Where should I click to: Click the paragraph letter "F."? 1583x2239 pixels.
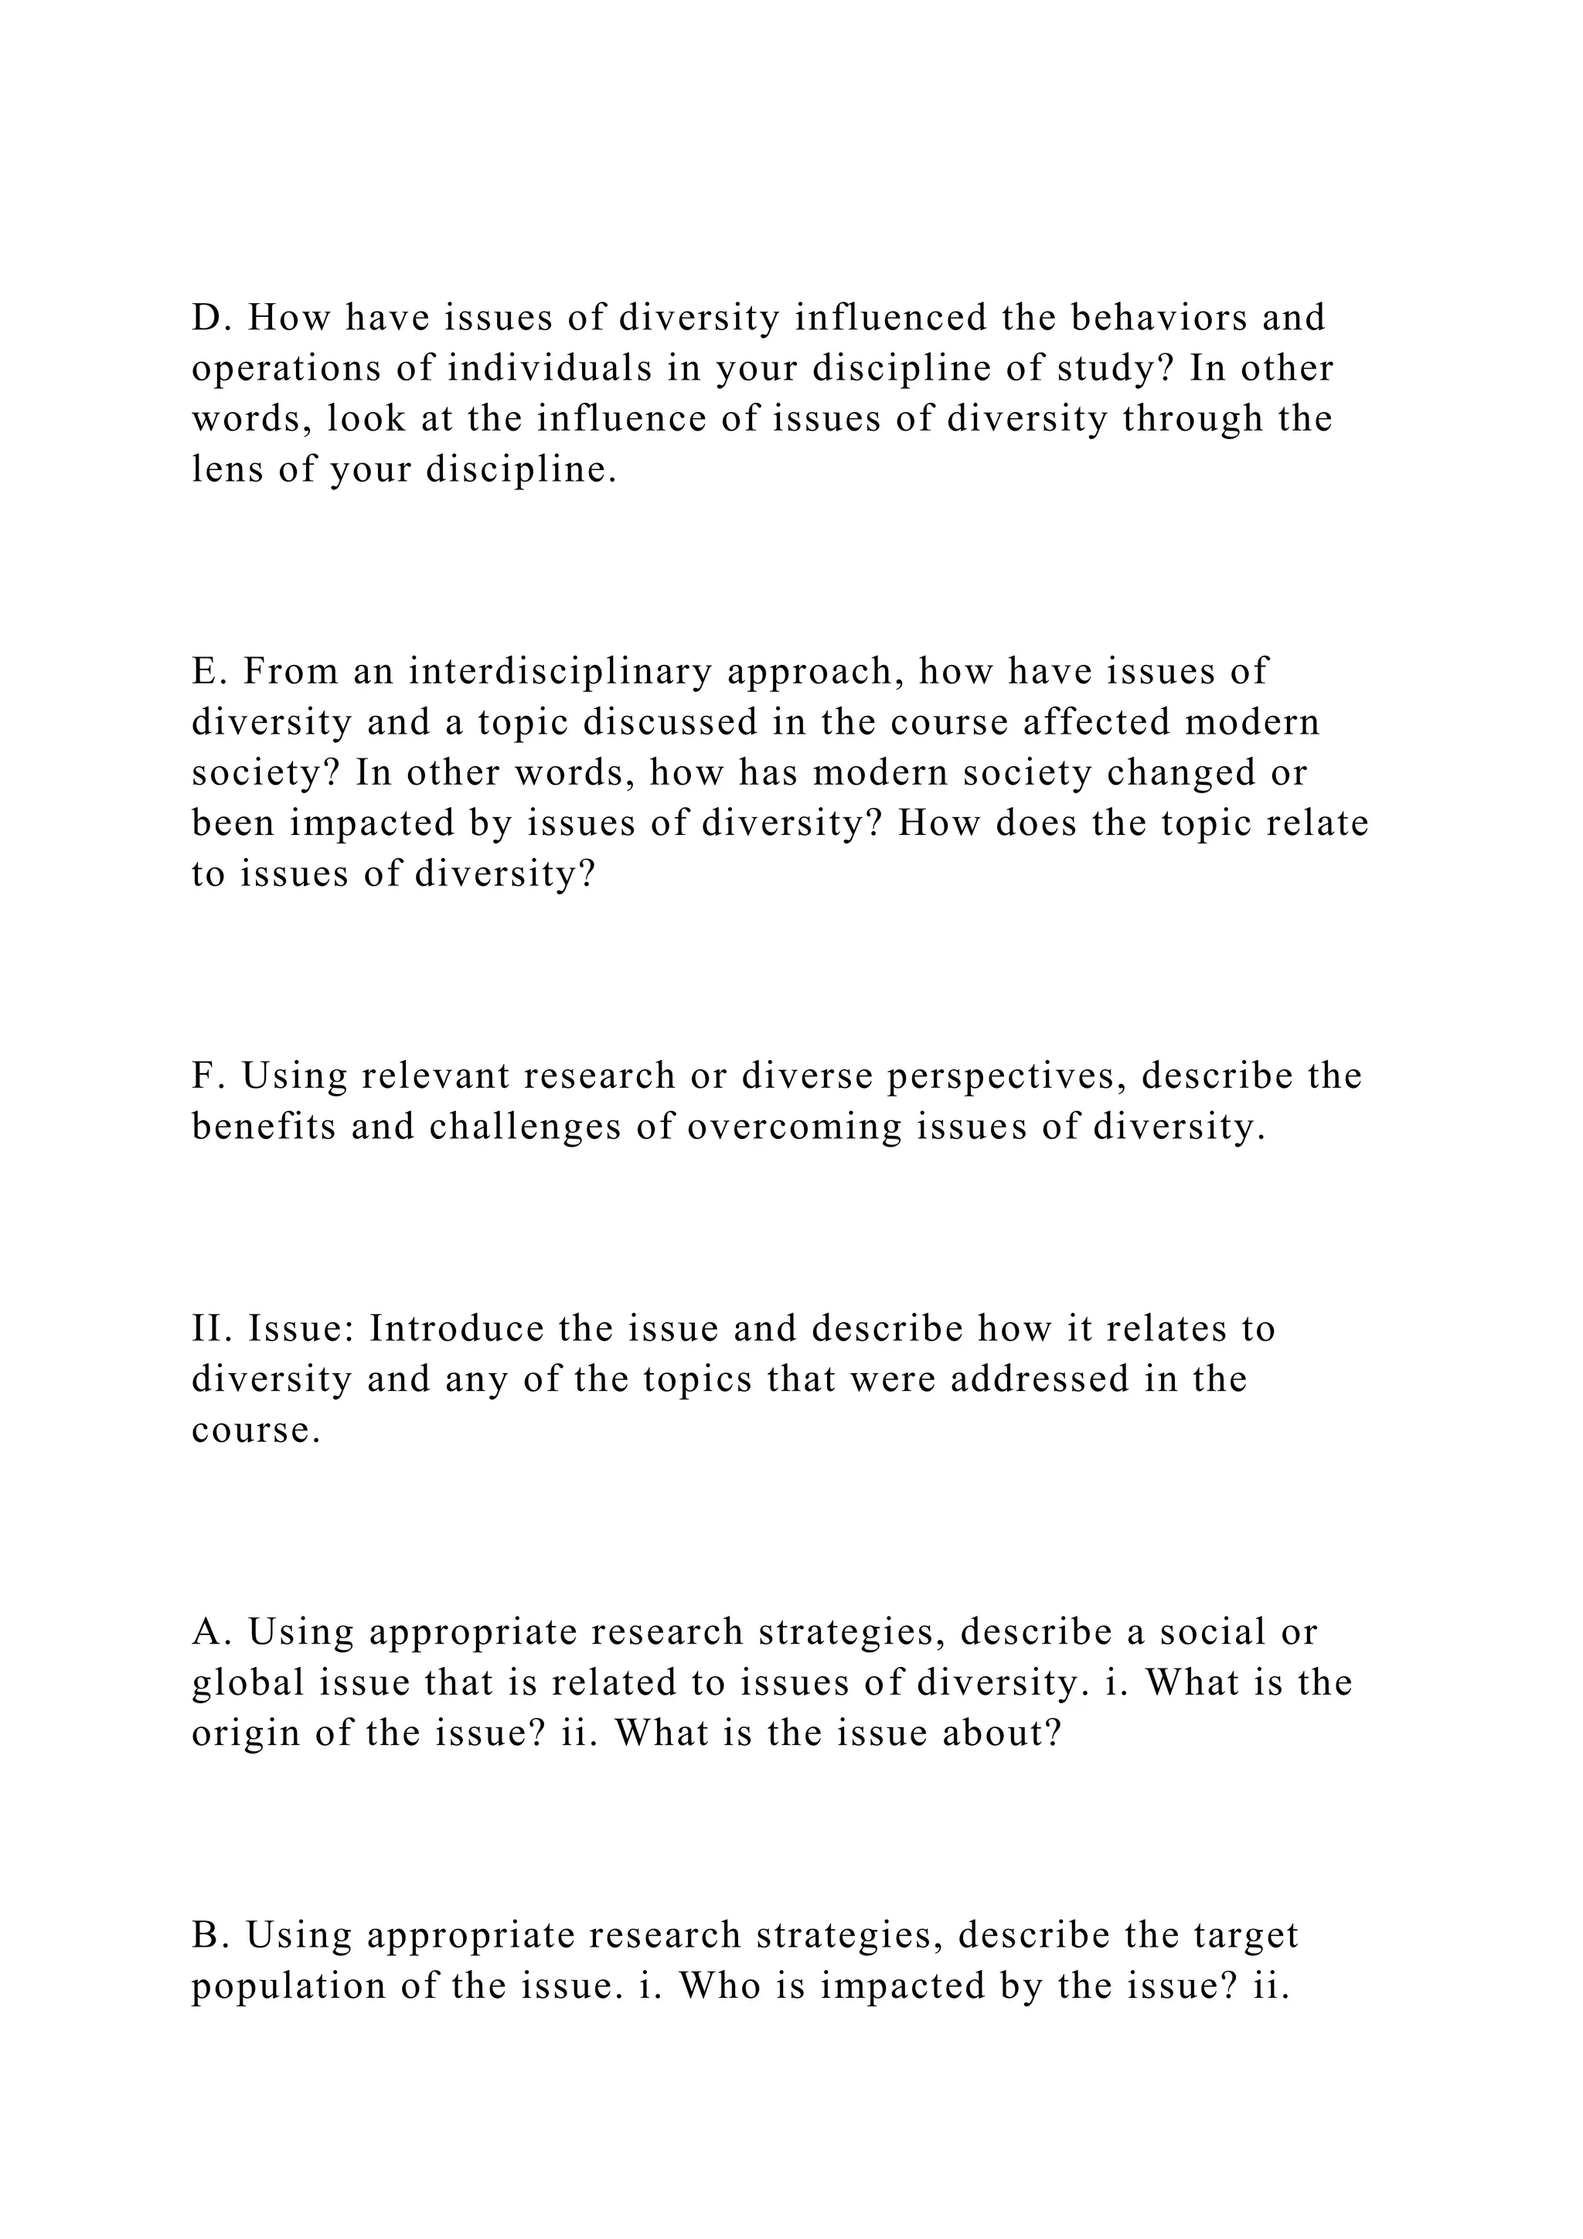coord(209,1075)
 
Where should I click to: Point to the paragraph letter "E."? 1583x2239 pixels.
coord(210,671)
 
